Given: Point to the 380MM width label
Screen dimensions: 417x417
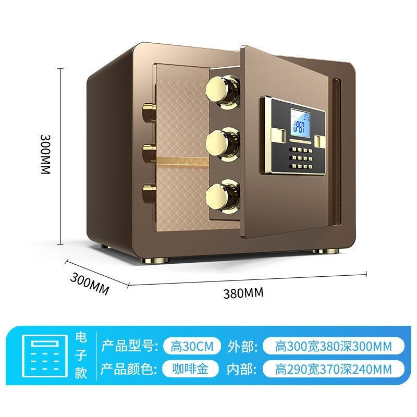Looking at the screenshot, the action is [243, 292].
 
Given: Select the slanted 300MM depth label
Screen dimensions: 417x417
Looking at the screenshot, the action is [89, 284].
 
